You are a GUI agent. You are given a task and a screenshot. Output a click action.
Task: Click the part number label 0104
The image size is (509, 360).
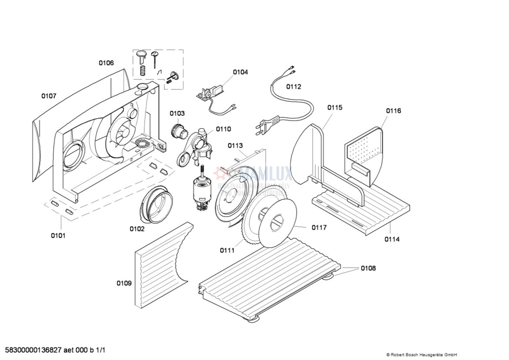click(x=240, y=72)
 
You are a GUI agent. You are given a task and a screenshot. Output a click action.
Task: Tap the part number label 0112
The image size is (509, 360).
click(x=293, y=87)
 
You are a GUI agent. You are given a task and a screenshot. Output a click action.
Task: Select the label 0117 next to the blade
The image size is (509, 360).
click(x=319, y=227)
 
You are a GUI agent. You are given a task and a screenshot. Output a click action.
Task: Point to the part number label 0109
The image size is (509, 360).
click(x=124, y=283)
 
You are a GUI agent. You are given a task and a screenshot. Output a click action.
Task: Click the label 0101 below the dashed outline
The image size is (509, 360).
click(x=58, y=236)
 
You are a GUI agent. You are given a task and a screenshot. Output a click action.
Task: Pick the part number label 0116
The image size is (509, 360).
click(x=393, y=111)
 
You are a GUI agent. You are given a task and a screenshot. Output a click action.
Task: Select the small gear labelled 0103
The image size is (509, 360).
click(x=178, y=130)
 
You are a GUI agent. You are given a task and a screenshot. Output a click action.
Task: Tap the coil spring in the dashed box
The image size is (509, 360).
click(x=142, y=70)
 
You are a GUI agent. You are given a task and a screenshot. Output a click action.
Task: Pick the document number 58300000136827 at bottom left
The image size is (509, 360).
click(x=55, y=350)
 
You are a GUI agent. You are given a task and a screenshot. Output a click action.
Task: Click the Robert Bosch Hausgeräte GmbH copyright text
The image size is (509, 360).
click(x=421, y=355)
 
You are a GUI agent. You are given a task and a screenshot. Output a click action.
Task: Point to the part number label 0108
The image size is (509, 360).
click(x=368, y=268)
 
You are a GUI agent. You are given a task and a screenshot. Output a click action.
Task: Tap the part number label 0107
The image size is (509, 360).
click(x=49, y=96)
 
